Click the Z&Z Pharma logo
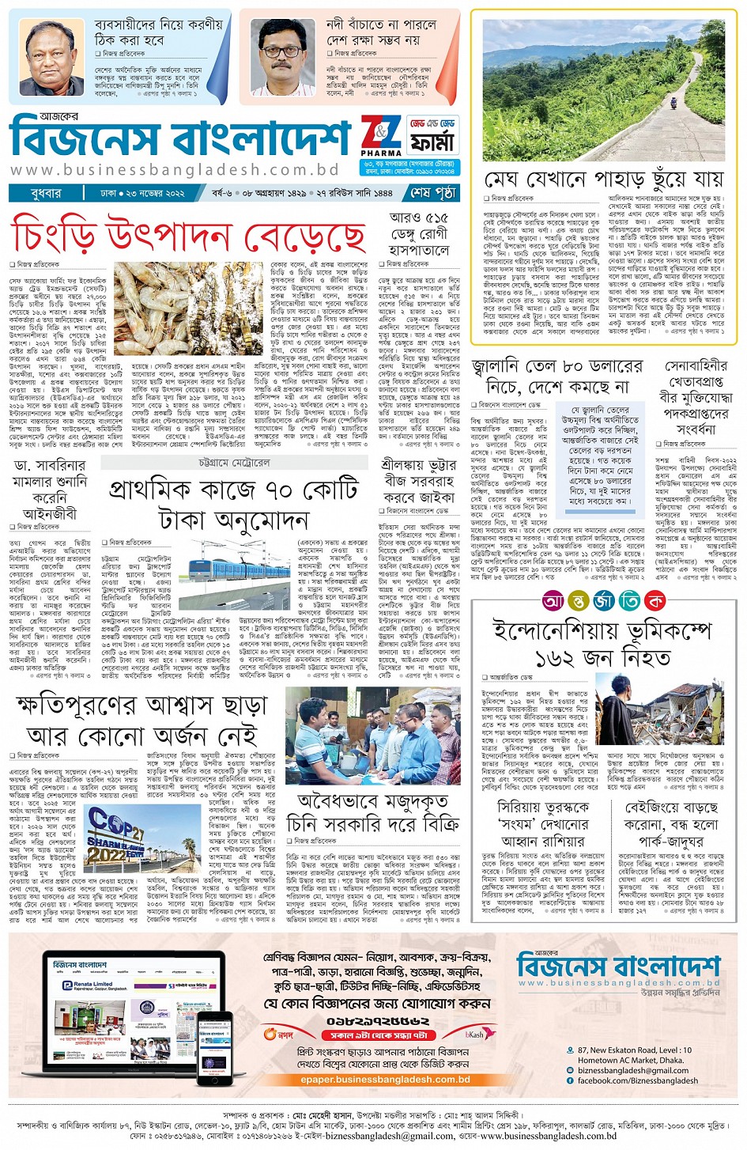coord(381,136)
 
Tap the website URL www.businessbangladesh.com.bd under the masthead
coord(175,169)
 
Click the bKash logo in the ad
coord(474,1034)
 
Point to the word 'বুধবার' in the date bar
coord(46,192)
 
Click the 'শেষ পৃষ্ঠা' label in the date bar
coord(433,192)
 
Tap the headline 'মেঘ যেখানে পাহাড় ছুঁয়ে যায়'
coord(604,179)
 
